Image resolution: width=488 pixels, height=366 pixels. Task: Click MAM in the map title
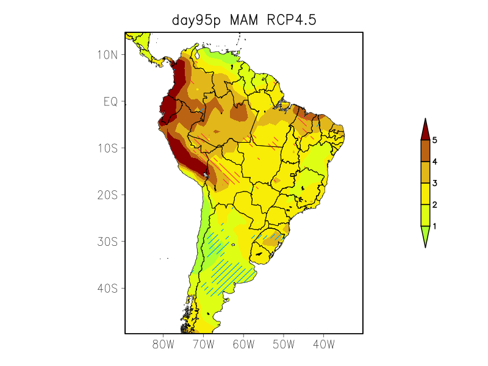244,20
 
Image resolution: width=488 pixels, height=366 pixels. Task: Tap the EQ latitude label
110,101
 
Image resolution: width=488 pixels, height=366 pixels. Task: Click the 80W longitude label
163,345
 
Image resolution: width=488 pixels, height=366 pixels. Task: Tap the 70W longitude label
203,345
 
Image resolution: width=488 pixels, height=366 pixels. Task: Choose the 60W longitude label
243,345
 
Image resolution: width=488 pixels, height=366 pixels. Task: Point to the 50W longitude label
284,345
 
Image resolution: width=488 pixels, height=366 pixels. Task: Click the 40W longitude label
323,345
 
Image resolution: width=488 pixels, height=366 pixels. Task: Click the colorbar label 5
435,140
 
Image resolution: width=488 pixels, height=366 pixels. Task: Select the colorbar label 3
435,183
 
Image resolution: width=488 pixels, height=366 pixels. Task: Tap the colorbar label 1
435,226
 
